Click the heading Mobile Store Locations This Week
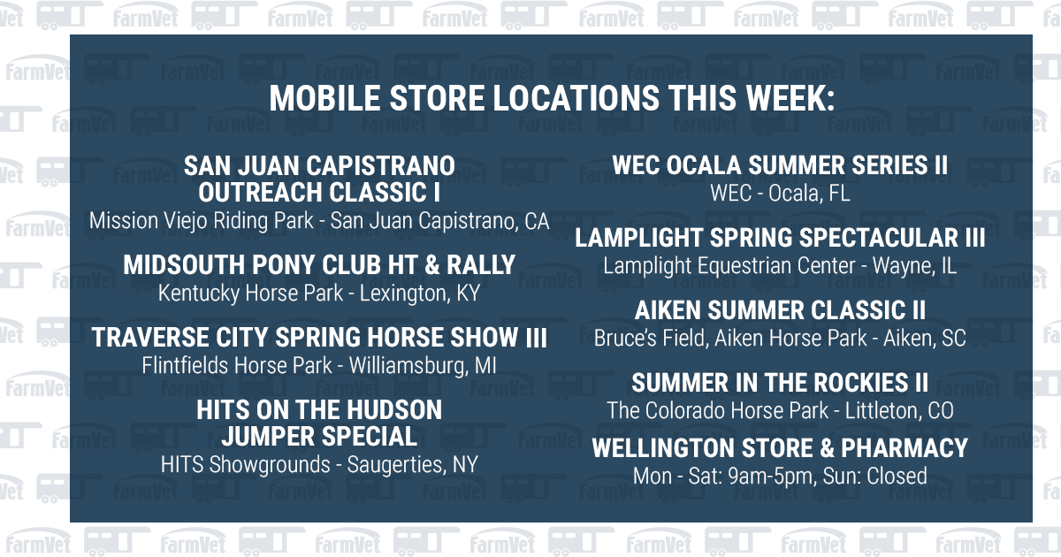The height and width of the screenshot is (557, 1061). pyautogui.click(x=551, y=98)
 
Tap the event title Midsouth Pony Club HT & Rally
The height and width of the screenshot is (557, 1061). pyautogui.click(x=319, y=264)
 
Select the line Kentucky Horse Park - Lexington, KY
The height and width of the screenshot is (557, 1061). pyautogui.click(x=319, y=294)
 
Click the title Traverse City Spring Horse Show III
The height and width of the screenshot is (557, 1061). pyautogui.click(x=319, y=337)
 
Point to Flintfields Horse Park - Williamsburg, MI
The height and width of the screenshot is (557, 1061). pyautogui.click(x=319, y=365)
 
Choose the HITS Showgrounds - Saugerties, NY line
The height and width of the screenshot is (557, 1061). pyautogui.click(x=319, y=464)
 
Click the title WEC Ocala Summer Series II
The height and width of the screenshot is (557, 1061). pyautogui.click(x=780, y=165)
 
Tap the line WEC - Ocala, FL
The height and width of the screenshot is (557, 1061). pyautogui.click(x=780, y=194)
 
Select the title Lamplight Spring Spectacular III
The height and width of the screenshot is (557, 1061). pyautogui.click(x=780, y=238)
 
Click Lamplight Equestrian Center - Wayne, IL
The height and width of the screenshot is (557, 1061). pyautogui.click(x=780, y=265)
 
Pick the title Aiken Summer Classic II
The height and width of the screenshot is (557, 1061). pyautogui.click(x=780, y=310)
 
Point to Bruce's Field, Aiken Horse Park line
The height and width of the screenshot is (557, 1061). pyautogui.click(x=780, y=338)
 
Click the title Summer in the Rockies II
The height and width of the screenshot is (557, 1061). pyautogui.click(x=780, y=383)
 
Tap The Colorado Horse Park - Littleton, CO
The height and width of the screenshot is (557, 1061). pyautogui.click(x=780, y=410)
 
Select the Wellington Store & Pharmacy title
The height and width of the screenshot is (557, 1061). pyautogui.click(x=780, y=448)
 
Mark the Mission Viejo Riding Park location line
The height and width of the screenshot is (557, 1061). pyautogui.click(x=319, y=221)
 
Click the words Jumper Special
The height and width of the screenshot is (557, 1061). pyautogui.click(x=319, y=436)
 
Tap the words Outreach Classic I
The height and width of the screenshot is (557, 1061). pyautogui.click(x=319, y=192)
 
